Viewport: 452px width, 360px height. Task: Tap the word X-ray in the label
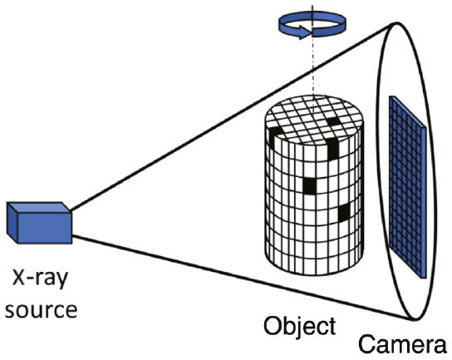39,277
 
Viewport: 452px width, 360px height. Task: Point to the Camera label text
404,343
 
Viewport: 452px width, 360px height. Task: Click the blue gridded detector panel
409,191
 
